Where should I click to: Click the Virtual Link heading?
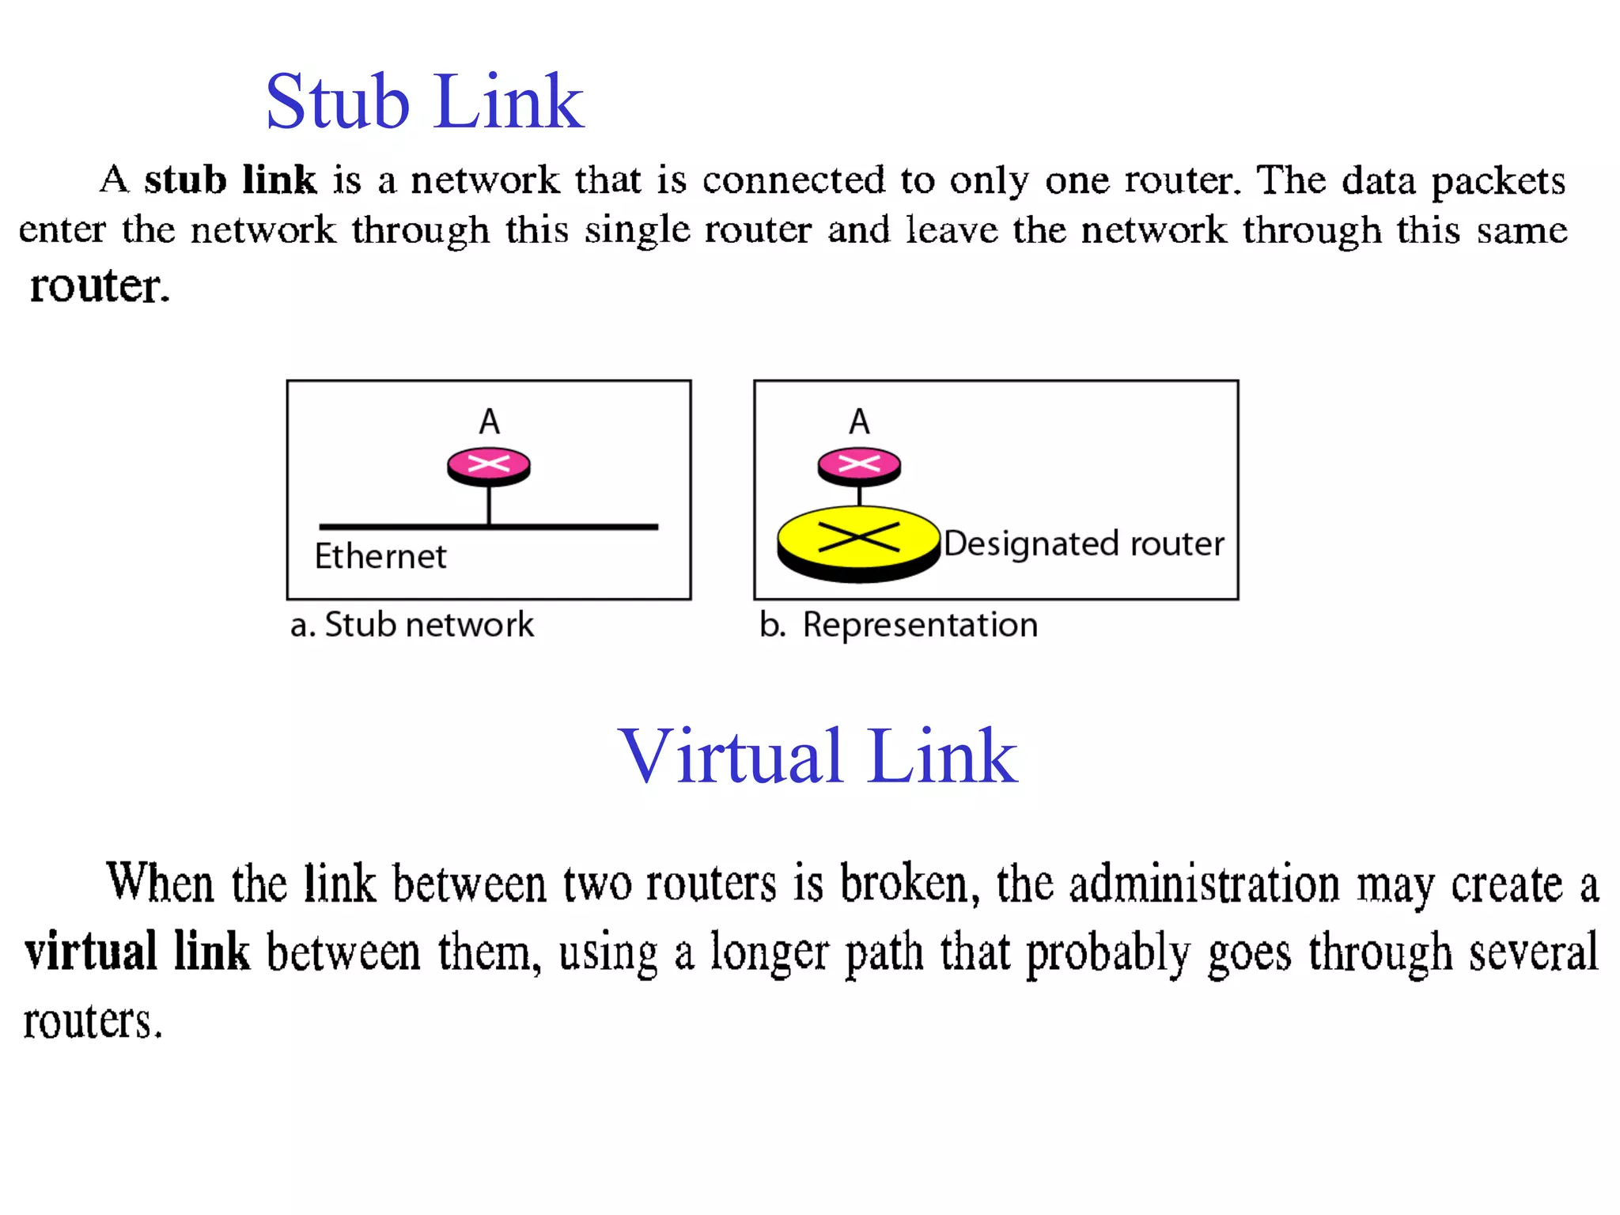pos(817,756)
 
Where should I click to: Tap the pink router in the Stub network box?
pos(489,465)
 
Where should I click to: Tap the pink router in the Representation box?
pos(859,465)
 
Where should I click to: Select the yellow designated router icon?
pos(858,543)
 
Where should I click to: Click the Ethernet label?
pos(380,556)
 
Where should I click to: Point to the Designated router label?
pos(1084,544)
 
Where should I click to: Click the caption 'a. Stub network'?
pos(412,625)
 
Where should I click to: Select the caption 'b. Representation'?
pos(899,625)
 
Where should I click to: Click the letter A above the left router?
pos(490,422)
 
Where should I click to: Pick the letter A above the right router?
pos(860,422)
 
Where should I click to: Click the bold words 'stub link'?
pos(230,180)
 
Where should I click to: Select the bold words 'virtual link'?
pos(137,952)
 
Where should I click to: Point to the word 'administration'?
pos(1204,884)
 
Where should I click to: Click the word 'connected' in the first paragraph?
pos(793,180)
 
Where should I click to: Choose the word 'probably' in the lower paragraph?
pos(1107,953)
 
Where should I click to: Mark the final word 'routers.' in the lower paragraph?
pos(93,1020)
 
